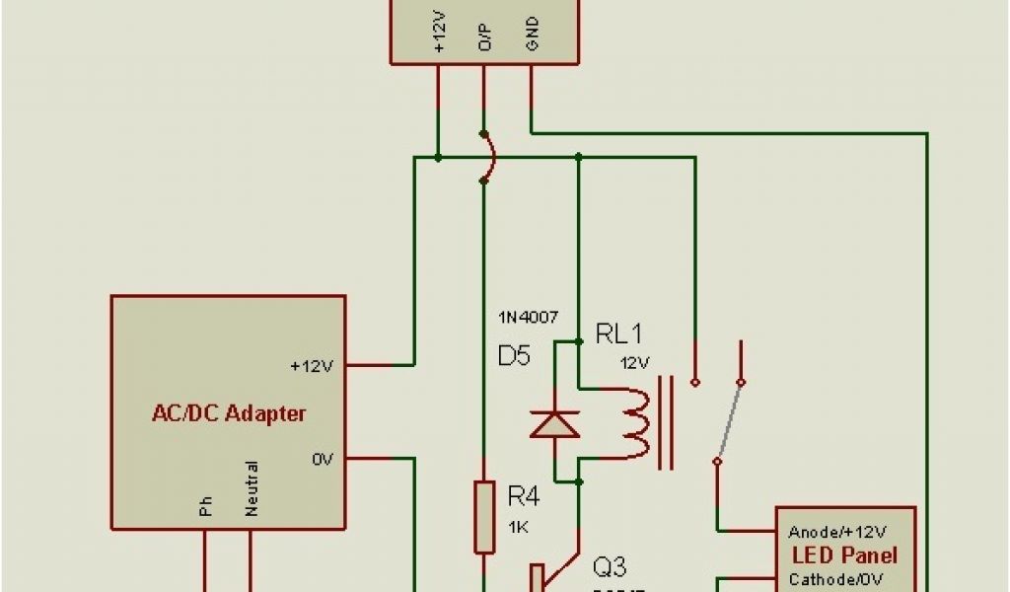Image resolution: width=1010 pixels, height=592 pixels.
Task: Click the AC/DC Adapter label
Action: pyautogui.click(x=229, y=413)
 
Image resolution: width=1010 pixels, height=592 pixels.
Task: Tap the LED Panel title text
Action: pyautogui.click(x=845, y=555)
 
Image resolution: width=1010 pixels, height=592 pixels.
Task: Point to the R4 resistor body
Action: pyautogui.click(x=483, y=517)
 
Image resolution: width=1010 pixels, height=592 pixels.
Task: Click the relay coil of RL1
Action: pyautogui.click(x=632, y=423)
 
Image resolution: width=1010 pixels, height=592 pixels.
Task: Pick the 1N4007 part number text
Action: pyautogui.click(x=529, y=317)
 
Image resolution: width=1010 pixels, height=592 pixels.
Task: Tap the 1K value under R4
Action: pyautogui.click(x=519, y=528)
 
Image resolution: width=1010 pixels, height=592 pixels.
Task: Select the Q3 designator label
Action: pyautogui.click(x=610, y=567)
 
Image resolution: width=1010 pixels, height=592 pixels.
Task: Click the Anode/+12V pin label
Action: pyautogui.click(x=837, y=532)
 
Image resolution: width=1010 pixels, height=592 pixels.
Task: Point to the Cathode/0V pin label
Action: pyautogui.click(x=832, y=578)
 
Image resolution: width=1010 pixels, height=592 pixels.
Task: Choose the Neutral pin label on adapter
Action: pyautogui.click(x=252, y=488)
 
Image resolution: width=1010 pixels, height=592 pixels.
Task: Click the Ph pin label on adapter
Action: pyautogui.click(x=206, y=506)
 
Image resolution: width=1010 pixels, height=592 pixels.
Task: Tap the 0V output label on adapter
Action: pyautogui.click(x=325, y=459)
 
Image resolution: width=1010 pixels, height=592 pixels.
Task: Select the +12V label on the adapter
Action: pyautogui.click(x=312, y=366)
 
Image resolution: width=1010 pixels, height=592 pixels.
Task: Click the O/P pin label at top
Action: pyautogui.click(x=484, y=36)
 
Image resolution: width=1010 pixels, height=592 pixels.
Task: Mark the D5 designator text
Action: pyautogui.click(x=514, y=356)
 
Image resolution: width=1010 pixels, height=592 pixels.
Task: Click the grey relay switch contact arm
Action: pyautogui.click(x=731, y=420)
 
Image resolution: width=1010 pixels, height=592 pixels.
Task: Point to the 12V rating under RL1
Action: pyautogui.click(x=635, y=362)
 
